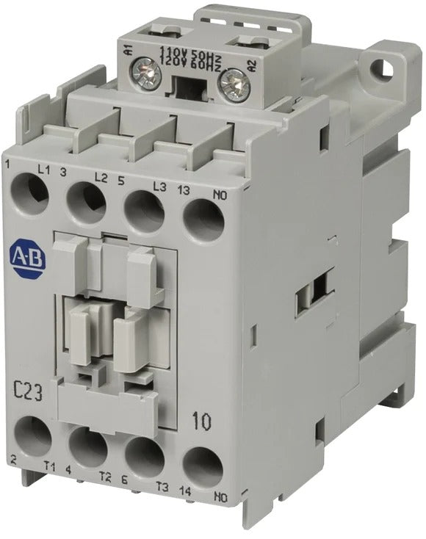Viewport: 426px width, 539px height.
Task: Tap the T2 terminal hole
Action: tap(88, 446)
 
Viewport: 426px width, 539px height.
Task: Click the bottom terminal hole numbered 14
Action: tap(201, 466)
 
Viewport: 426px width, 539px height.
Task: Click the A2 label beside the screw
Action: tap(252, 66)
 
